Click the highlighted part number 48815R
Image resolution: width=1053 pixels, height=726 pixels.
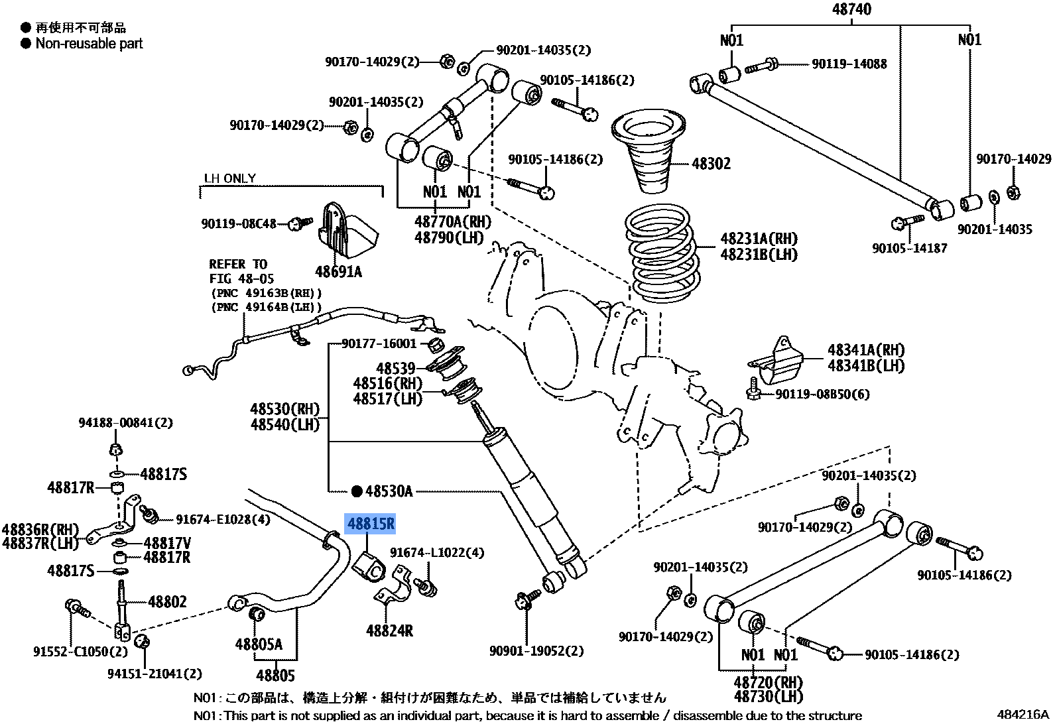[x=371, y=524]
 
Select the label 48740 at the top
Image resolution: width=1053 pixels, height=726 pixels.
[x=851, y=9]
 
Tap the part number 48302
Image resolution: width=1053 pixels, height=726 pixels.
[x=711, y=164]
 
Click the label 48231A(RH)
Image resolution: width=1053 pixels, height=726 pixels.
[x=759, y=239]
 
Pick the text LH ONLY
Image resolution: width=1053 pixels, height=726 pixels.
[x=229, y=178]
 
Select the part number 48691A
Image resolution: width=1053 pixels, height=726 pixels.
[x=338, y=272]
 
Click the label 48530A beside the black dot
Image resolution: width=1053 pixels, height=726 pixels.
[x=389, y=491]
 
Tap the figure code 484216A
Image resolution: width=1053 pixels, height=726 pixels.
[x=1022, y=714]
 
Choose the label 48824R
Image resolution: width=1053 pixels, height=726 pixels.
[x=389, y=631]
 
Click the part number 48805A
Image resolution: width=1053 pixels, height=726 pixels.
[x=259, y=644]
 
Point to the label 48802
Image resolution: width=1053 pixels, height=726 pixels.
[x=167, y=602]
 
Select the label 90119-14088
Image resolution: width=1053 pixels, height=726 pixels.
[x=849, y=64]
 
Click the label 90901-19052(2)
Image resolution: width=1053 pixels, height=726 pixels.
[x=536, y=651]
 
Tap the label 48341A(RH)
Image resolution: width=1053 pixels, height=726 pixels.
[x=865, y=350]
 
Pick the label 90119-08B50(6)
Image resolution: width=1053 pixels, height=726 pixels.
[x=822, y=394]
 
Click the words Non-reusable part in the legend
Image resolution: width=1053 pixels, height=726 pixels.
[x=89, y=44]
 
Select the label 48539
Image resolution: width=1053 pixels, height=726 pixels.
[x=395, y=368]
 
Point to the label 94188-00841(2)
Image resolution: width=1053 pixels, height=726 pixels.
[x=125, y=422]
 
